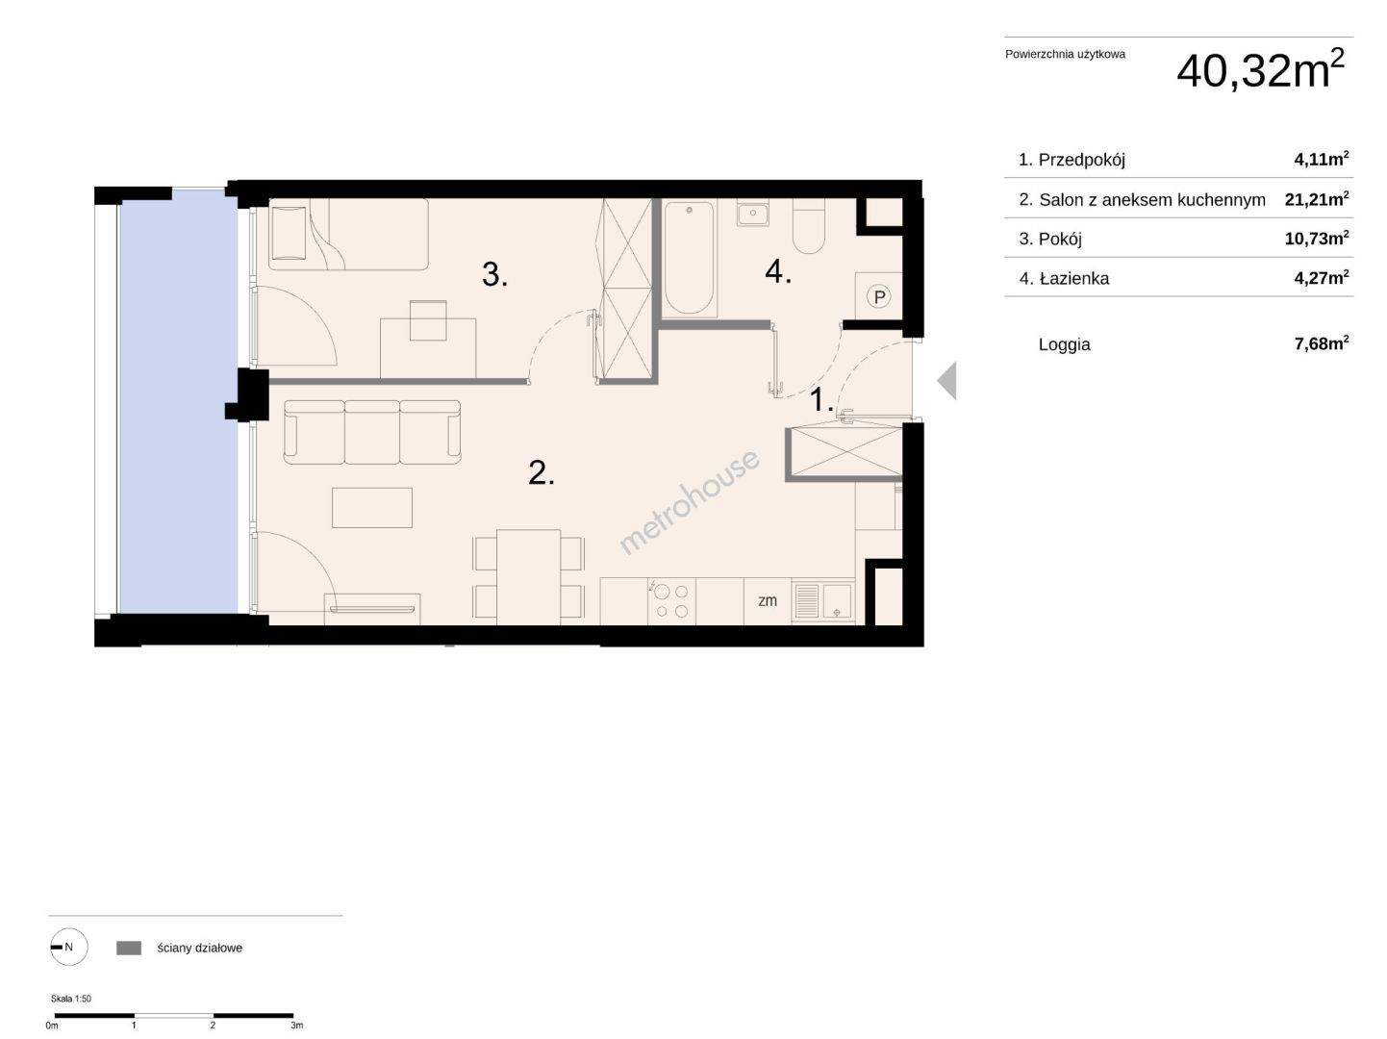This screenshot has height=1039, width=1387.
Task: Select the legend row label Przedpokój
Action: click(x=1081, y=160)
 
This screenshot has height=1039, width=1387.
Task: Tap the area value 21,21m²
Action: click(x=1316, y=199)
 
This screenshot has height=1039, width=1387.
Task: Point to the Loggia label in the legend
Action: click(x=1064, y=344)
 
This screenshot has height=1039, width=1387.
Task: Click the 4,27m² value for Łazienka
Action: click(x=1322, y=277)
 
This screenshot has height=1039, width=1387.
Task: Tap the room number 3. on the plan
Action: click(x=494, y=275)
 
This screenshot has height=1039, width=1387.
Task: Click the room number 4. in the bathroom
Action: click(x=778, y=271)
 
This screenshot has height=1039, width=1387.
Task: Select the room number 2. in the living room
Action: click(x=542, y=472)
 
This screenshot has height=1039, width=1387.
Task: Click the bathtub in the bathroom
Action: click(x=689, y=259)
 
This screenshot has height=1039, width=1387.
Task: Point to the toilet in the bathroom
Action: click(x=808, y=226)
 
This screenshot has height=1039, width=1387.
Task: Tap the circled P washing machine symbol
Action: click(x=878, y=295)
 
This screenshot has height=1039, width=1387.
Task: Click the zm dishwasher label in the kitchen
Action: click(x=768, y=600)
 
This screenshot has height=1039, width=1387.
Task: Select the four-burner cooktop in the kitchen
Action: click(x=671, y=601)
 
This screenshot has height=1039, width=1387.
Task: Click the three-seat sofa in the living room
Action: click(x=372, y=432)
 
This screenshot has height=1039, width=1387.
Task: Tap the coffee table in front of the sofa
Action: click(x=372, y=507)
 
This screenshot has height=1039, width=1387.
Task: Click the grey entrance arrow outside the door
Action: click(x=946, y=380)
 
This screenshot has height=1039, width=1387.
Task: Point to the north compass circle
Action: click(x=69, y=947)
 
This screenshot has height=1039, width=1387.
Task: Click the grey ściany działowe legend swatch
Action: click(x=129, y=948)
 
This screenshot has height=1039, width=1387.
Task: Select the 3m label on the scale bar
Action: click(x=297, y=1026)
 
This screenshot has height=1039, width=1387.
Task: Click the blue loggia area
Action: click(x=179, y=401)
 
